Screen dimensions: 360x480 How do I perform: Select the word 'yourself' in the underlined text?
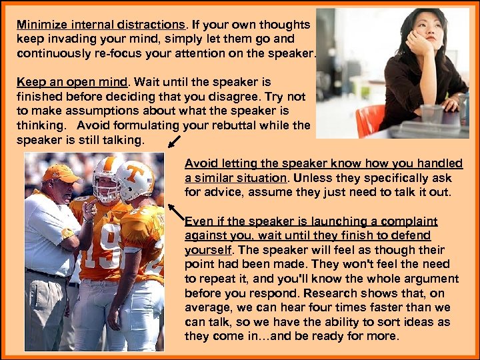[207, 250]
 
